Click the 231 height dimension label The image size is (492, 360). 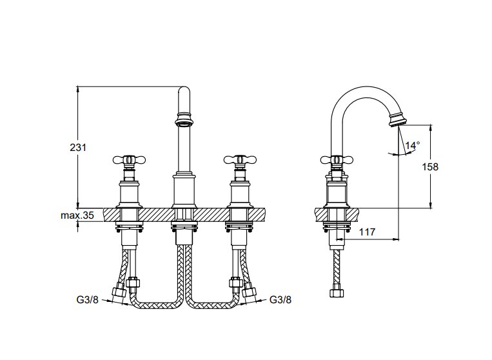point(78,147)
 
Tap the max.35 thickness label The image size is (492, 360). point(77,215)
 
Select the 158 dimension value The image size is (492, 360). point(430,166)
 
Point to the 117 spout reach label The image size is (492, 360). point(367,232)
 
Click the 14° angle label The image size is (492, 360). point(412,145)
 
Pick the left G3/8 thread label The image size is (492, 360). point(87,300)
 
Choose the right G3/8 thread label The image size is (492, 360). point(280,300)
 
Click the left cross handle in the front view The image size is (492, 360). point(129,160)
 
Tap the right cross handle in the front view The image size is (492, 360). point(240,160)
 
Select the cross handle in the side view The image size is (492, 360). point(337,160)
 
